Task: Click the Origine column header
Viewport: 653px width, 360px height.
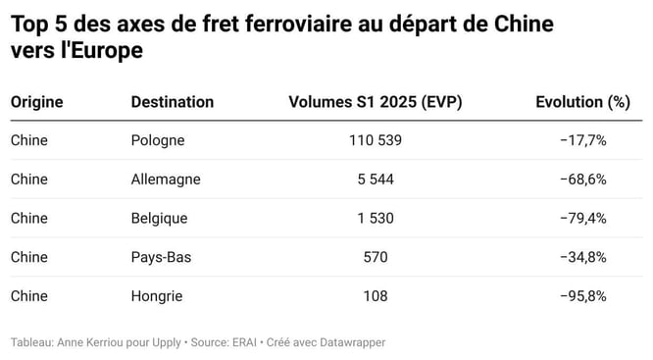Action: (x=36, y=102)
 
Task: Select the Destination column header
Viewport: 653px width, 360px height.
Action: (x=172, y=102)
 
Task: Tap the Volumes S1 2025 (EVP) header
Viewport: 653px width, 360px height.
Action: (x=375, y=102)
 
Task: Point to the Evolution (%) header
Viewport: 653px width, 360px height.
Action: (x=582, y=102)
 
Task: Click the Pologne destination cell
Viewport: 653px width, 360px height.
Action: (x=157, y=140)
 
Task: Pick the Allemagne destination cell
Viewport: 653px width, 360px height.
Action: (x=165, y=180)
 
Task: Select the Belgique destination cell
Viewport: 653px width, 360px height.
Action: (x=159, y=218)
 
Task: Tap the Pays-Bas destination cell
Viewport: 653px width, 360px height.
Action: (x=160, y=257)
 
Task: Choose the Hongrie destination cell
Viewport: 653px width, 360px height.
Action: (x=157, y=295)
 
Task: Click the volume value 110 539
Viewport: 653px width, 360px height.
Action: (x=375, y=140)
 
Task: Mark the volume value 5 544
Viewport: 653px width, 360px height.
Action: (x=375, y=180)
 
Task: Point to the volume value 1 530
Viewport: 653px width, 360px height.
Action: (x=375, y=218)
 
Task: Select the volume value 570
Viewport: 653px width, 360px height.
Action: (x=375, y=257)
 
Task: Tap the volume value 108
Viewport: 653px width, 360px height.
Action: (x=375, y=295)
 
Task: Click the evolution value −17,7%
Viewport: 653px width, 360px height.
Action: (x=583, y=140)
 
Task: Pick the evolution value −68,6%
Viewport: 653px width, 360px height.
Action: (x=583, y=180)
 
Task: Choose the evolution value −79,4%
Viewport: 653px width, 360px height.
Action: (x=583, y=218)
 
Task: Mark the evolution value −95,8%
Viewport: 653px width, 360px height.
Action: (x=583, y=295)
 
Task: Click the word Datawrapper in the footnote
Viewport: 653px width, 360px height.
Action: (x=352, y=342)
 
